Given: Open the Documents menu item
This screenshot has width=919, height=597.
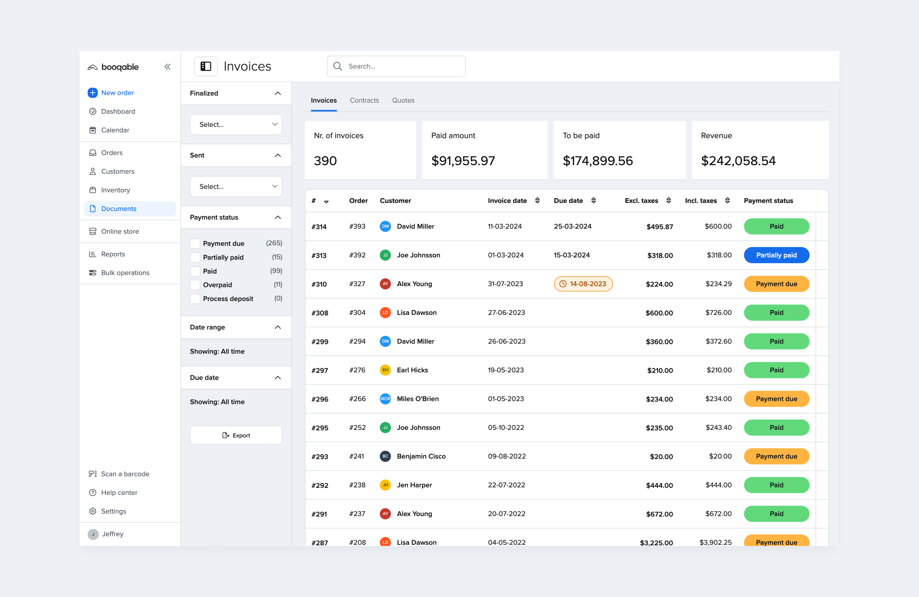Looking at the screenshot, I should click(x=119, y=209).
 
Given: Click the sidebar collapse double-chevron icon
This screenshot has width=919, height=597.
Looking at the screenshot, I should click(x=167, y=67).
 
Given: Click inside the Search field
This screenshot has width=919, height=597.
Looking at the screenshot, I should click(x=401, y=67).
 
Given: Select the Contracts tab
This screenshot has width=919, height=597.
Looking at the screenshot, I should click(x=364, y=100).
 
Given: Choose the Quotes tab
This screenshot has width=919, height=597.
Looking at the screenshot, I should click(x=403, y=100).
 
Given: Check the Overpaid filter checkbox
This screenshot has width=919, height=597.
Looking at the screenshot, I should click(x=195, y=285).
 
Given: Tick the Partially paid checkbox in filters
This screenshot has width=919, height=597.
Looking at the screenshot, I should click(x=195, y=257).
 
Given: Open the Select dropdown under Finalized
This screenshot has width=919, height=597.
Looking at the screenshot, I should click(x=236, y=124).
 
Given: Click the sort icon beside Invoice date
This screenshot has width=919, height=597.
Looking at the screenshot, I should click(x=537, y=200).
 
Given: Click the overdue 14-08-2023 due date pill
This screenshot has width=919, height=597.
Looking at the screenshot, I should click(x=583, y=284).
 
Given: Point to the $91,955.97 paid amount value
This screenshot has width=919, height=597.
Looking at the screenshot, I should click(x=463, y=160).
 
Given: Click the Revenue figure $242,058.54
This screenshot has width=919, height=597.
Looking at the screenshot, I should click(x=738, y=160).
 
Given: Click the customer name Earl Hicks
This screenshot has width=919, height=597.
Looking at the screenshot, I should click(x=412, y=370).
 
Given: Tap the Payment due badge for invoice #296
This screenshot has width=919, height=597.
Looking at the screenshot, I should click(x=776, y=399).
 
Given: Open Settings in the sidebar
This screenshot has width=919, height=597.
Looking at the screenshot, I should click(x=114, y=511).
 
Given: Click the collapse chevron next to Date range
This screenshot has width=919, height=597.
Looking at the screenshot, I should click(x=278, y=327).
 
